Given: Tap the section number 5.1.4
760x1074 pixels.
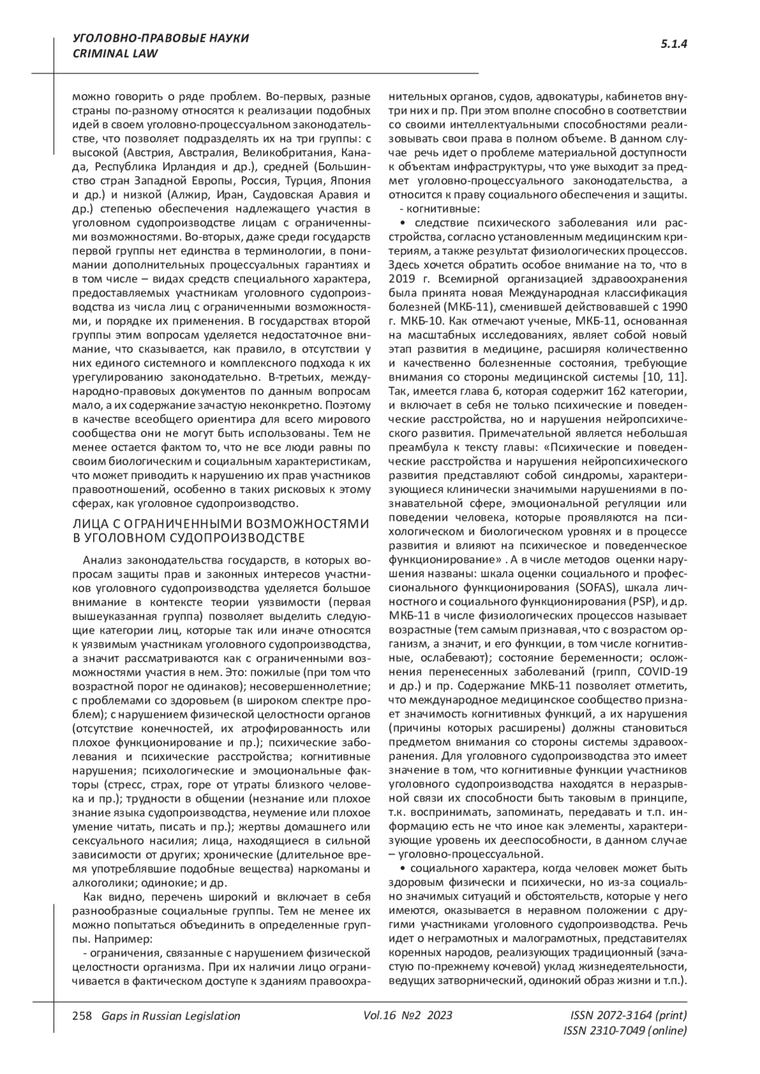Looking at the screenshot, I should pyautogui.click(x=674, y=44).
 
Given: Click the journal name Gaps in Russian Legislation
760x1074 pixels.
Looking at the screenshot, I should pyautogui.click(x=167, y=1016).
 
